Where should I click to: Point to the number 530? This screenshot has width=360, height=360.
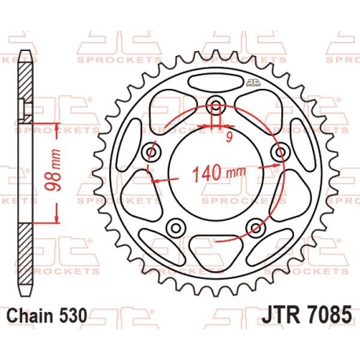[x=73, y=318]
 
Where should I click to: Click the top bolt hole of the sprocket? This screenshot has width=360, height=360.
[x=216, y=104]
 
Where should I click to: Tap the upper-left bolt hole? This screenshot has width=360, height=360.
[x=151, y=152]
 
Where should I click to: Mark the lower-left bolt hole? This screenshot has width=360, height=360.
[x=176, y=228]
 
